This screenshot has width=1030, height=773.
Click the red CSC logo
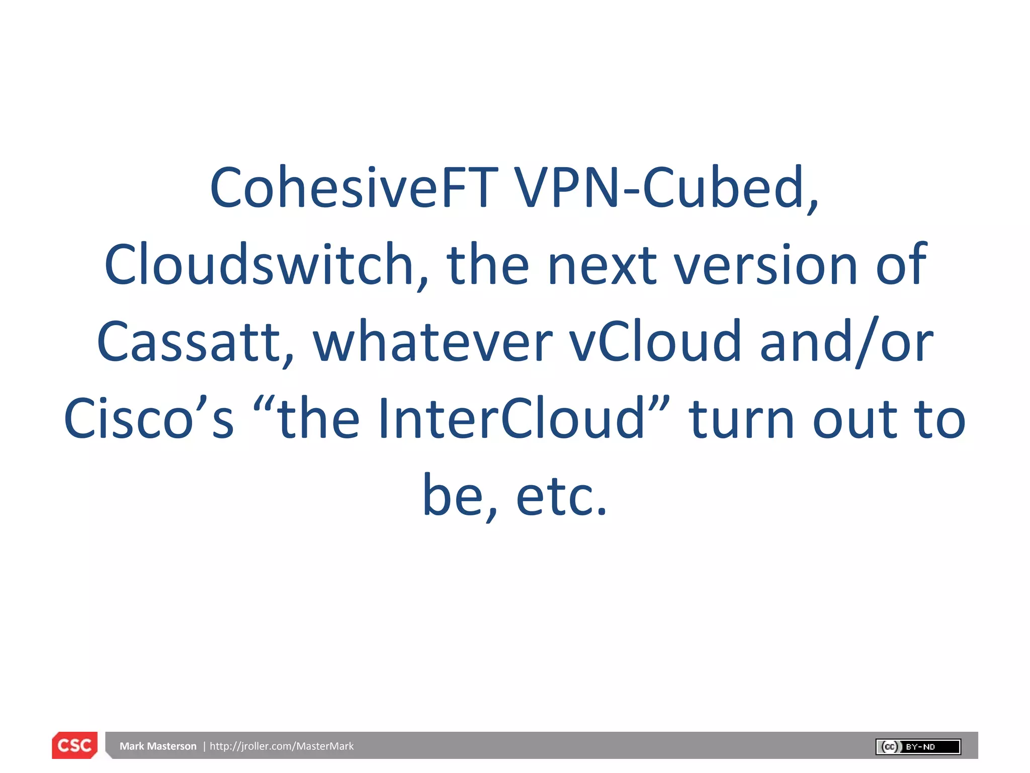(x=74, y=745)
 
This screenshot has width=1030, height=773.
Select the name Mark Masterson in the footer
(x=158, y=746)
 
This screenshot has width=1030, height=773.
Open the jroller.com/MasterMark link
(x=282, y=746)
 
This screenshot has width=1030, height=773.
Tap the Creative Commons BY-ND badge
(x=918, y=747)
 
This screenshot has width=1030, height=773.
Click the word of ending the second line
(x=901, y=265)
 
